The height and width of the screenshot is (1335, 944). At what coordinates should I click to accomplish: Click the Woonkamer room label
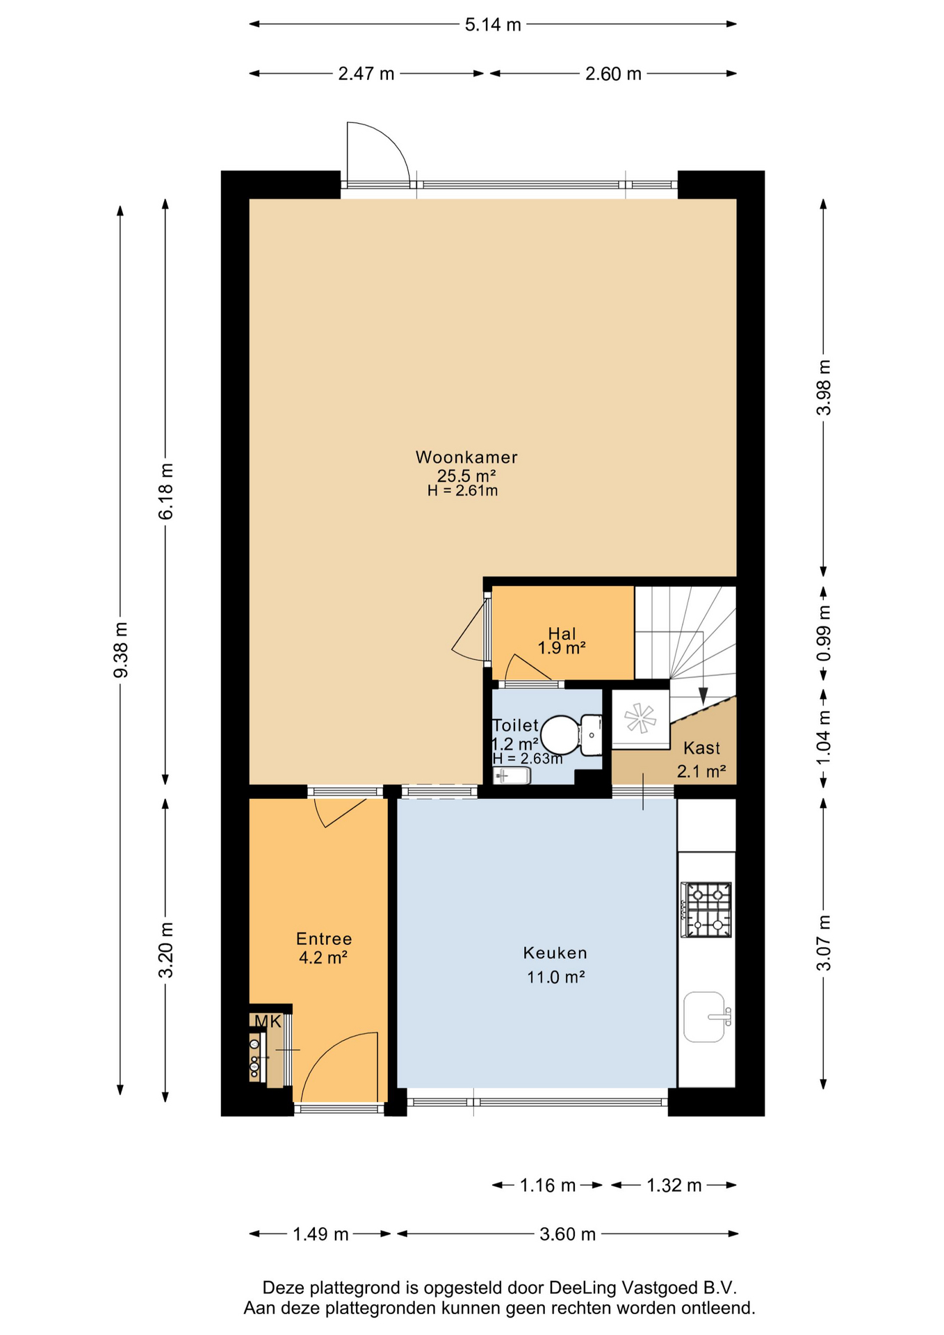point(466,457)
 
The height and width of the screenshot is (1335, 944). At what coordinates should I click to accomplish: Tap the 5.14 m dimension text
point(493,25)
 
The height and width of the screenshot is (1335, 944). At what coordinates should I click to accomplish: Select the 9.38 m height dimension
point(121,649)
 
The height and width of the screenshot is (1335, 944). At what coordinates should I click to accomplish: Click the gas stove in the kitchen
point(706,909)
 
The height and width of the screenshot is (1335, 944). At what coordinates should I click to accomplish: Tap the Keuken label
point(555,953)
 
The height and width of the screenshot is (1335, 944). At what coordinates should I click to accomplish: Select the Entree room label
point(324,939)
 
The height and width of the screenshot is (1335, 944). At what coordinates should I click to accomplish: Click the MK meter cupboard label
point(268,1021)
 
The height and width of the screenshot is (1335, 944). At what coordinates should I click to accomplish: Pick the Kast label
point(701,748)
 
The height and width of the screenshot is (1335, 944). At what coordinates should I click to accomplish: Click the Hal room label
point(562,633)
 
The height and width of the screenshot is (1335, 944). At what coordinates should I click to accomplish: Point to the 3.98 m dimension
point(824,387)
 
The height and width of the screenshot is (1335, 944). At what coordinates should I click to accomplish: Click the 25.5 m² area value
point(466,476)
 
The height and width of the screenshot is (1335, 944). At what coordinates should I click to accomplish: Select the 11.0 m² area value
point(555,977)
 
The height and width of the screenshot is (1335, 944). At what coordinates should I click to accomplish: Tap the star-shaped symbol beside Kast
point(640,718)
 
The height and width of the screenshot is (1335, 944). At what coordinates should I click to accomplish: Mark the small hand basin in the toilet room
point(512,776)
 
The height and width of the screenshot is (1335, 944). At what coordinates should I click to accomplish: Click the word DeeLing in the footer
point(583,1288)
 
